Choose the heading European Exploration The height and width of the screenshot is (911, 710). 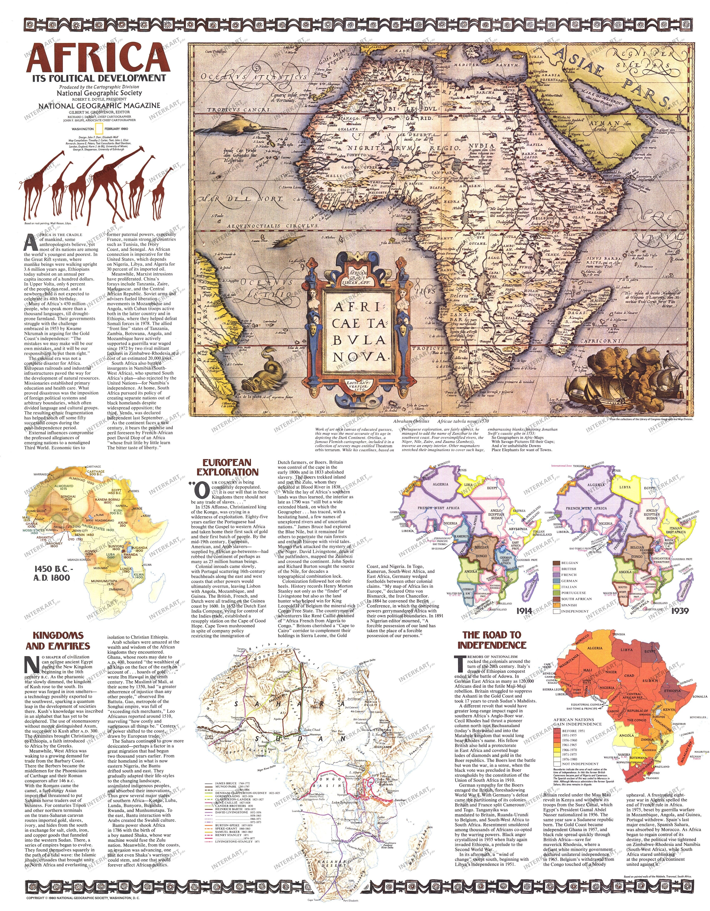(230, 467)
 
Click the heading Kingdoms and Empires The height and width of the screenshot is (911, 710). (58, 641)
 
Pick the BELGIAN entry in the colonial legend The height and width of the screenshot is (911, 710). (569, 563)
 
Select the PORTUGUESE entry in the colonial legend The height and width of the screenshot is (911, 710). (573, 593)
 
